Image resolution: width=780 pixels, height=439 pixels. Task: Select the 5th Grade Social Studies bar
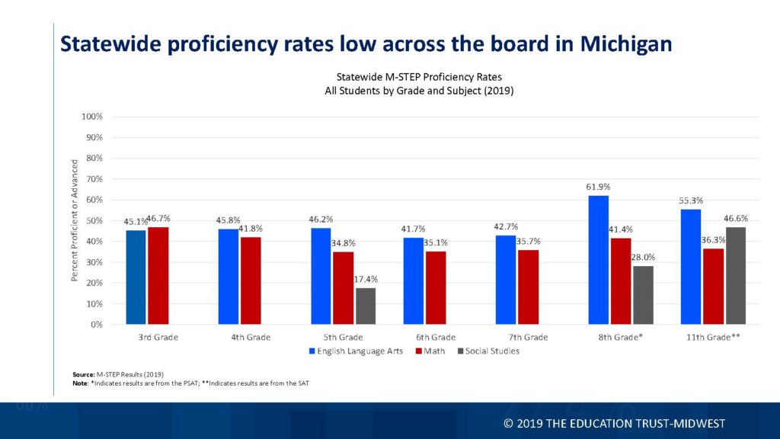tap(366, 306)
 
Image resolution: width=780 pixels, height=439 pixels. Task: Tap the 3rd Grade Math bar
tap(158, 276)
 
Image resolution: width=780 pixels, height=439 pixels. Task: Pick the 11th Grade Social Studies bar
tap(737, 276)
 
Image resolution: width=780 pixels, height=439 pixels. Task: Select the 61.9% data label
tap(599, 187)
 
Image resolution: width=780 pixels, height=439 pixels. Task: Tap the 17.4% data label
tap(366, 279)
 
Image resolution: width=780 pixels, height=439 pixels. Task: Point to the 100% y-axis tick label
tap(91, 117)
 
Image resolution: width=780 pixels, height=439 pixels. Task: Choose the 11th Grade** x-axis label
tap(712, 337)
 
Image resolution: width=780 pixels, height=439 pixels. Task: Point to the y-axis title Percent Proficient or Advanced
tap(75, 220)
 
